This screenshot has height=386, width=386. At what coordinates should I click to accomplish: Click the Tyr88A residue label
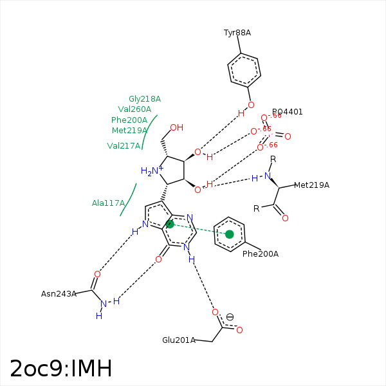pyautogui.click(x=237, y=33)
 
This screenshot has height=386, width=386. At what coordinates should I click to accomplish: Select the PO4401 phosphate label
pyautogui.click(x=287, y=112)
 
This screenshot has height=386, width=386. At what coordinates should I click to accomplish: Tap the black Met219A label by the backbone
pyautogui.click(x=311, y=185)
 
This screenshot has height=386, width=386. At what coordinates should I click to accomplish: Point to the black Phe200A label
pyautogui.click(x=260, y=254)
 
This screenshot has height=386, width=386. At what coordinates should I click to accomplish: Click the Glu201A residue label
pyautogui.click(x=178, y=340)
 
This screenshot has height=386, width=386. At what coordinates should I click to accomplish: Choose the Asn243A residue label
pyautogui.click(x=59, y=294)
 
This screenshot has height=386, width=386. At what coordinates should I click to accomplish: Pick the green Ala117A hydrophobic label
pyautogui.click(x=108, y=203)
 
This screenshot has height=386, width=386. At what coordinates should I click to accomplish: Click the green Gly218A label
pyautogui.click(x=144, y=99)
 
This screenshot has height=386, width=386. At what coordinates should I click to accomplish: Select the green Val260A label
pyautogui.click(x=134, y=109)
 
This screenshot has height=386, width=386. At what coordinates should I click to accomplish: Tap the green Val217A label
pyautogui.click(x=124, y=146)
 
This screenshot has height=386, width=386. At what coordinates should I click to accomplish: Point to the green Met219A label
pyautogui.click(x=129, y=131)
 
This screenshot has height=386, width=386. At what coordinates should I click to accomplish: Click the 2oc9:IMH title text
pyautogui.click(x=61, y=369)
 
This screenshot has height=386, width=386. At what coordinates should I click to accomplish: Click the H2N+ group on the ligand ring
pyautogui.click(x=151, y=171)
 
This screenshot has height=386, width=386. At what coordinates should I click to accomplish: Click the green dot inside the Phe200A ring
pyautogui.click(x=230, y=234)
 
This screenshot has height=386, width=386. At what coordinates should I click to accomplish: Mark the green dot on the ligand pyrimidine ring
pyautogui.click(x=170, y=225)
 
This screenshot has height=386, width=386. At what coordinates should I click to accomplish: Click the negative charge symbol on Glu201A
pyautogui.click(x=230, y=317)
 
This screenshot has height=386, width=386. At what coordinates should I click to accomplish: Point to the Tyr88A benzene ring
pyautogui.click(x=244, y=71)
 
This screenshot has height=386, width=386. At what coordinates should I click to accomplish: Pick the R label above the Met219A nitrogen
pyautogui.click(x=273, y=159)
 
